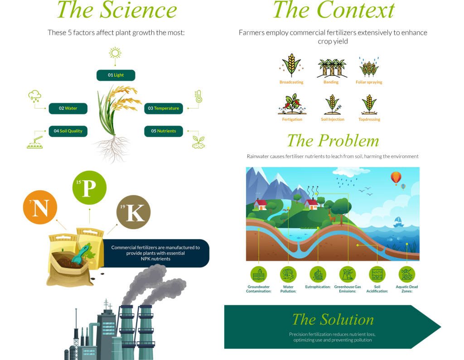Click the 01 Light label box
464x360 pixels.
click(x=116, y=75)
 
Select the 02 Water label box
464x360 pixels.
click(x=68, y=109)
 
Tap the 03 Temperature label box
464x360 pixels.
click(x=164, y=109)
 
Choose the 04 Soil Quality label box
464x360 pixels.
click(x=68, y=131)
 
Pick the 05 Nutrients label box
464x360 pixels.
click(x=164, y=131)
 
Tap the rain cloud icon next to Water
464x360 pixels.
click(x=34, y=96)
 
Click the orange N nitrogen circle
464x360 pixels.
click(x=40, y=208)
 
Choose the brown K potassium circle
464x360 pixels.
click(x=133, y=212)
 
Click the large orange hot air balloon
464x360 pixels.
click(x=396, y=178)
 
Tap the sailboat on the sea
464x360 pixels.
click(x=398, y=221)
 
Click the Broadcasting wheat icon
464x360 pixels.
click(x=291, y=66)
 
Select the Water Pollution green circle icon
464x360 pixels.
click(x=288, y=274)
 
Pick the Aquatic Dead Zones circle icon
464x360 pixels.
click(x=407, y=274)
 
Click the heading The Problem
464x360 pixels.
click(x=333, y=141)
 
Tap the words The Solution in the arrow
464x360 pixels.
click(x=333, y=320)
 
